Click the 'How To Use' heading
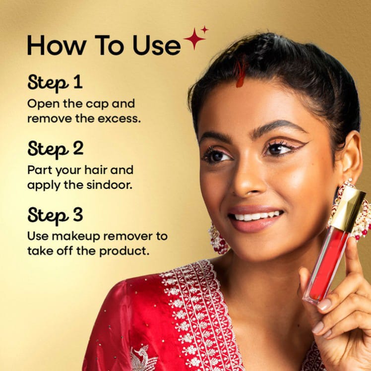click(104, 45)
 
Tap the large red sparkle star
click(194, 39)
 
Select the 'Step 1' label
click(55, 83)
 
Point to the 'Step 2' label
click(56, 149)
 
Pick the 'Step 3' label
click(55, 216)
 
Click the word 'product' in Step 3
click(124, 251)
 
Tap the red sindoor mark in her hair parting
click(240, 73)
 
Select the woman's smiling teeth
click(255, 216)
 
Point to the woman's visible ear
click(349, 156)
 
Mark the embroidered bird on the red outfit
click(142, 358)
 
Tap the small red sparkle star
click(205, 30)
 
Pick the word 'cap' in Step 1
click(97, 105)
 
